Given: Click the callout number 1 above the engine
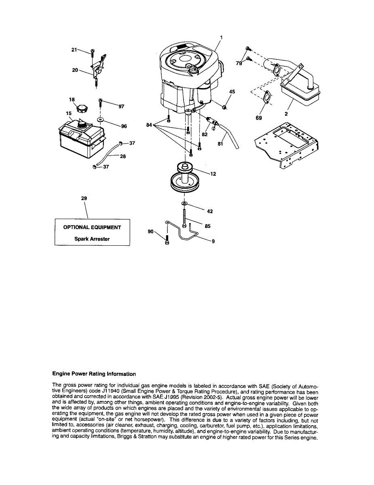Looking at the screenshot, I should point(221,38).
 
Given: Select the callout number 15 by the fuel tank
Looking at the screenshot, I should point(69,114).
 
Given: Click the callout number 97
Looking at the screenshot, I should point(121,106).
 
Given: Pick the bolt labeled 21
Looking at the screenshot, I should point(93,52).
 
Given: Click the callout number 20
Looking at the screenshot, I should point(75,70).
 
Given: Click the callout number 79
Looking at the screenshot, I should point(239,63).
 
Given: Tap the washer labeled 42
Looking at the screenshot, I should point(184,202).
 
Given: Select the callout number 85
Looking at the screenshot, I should point(207,226).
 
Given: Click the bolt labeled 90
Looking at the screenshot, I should point(167,241).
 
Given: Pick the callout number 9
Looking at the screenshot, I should point(213,242).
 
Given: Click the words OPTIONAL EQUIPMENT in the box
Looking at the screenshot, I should point(92,228).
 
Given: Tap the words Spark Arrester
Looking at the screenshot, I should point(92,239).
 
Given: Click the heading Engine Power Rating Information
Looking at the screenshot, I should point(94,374).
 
